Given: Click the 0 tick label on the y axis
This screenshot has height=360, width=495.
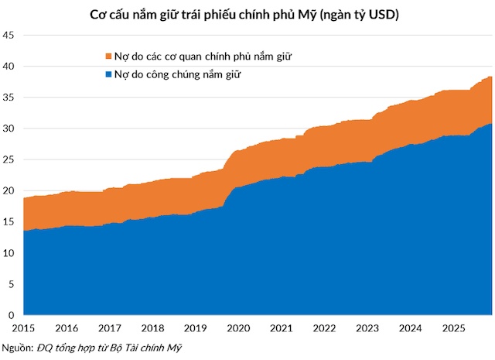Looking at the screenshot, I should [x=11, y=315].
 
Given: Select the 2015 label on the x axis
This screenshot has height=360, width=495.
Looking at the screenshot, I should [x=23, y=328].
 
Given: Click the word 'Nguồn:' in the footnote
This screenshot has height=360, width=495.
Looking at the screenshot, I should [x=18, y=348].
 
